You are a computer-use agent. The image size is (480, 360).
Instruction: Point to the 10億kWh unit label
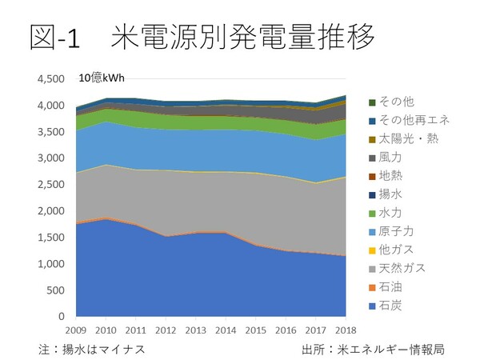[x=101, y=78]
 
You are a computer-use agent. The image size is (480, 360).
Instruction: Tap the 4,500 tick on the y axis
[x=50, y=79]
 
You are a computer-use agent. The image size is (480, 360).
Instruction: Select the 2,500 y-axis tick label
[x=50, y=185]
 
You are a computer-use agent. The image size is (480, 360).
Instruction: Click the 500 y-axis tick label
[x=56, y=290]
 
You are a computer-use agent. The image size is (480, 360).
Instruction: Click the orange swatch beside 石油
[x=373, y=286]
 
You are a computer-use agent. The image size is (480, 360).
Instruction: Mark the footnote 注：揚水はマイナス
[x=93, y=350]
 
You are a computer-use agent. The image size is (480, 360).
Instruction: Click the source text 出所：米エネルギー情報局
[x=373, y=350]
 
